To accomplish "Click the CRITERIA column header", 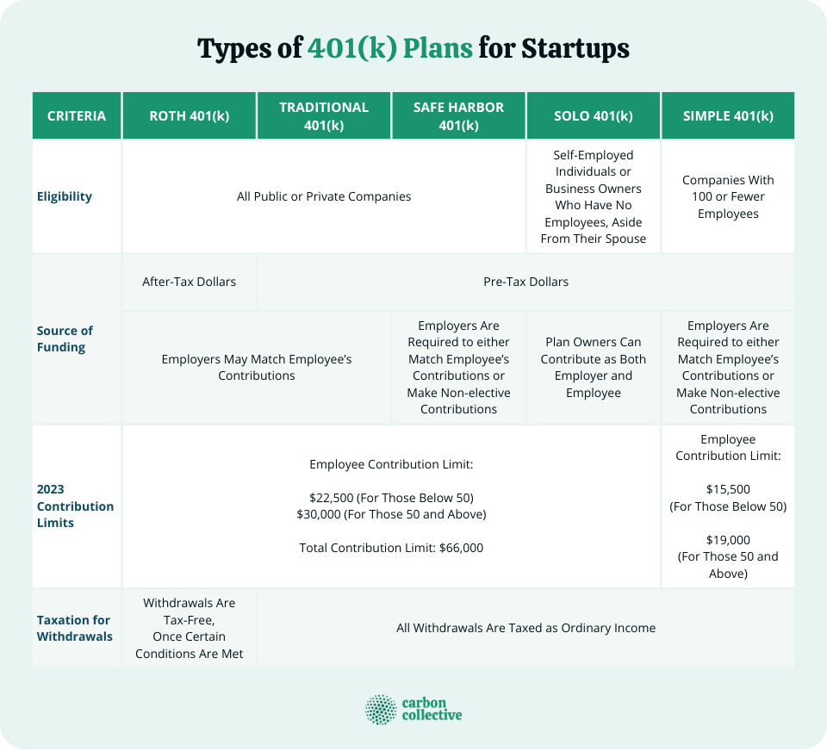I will click(77, 115).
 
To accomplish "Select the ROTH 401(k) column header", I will click(190, 115).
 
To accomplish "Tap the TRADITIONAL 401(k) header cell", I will click(324, 115).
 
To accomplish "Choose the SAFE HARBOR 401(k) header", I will click(458, 115).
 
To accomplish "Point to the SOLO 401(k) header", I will click(593, 115).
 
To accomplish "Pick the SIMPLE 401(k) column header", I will click(728, 115).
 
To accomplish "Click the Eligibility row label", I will click(65, 196).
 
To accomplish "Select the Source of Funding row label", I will click(65, 338).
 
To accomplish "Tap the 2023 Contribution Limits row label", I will click(75, 506).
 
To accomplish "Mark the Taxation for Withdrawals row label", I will click(73, 628).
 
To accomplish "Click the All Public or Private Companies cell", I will click(324, 196).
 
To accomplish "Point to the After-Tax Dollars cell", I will click(190, 282).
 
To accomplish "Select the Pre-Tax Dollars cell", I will click(525, 282).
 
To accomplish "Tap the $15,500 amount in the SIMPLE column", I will click(728, 489).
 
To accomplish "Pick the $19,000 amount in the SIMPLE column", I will click(728, 539).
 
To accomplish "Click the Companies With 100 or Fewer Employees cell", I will click(728, 196).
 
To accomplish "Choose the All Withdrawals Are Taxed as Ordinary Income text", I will click(525, 628).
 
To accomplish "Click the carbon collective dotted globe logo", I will click(381, 710).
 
